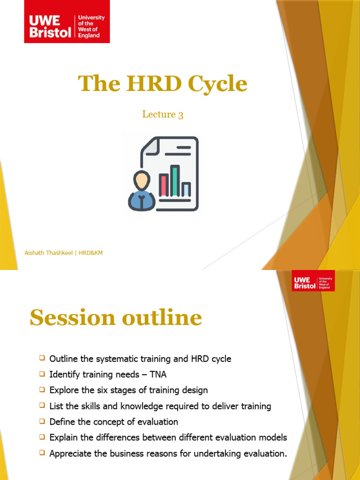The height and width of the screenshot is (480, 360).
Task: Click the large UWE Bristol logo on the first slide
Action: pyautogui.click(x=67, y=22)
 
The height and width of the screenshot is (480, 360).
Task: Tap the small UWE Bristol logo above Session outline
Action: pyautogui.click(x=313, y=281)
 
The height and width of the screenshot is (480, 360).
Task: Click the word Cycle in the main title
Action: pyautogui.click(x=217, y=84)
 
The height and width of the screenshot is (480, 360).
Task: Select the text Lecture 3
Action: pyautogui.click(x=163, y=114)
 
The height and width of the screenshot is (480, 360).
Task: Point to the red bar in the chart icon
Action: pyautogui.click(x=164, y=185)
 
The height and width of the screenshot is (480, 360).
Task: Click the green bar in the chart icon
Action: pyautogui.click(x=175, y=181)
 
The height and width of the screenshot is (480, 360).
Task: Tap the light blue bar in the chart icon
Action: pyautogui.click(x=186, y=189)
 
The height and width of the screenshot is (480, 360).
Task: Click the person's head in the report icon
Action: pyautogui.click(x=142, y=180)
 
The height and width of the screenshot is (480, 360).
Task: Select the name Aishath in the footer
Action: pyautogui.click(x=36, y=253)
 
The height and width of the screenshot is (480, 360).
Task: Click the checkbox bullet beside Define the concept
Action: pyautogui.click(x=42, y=421)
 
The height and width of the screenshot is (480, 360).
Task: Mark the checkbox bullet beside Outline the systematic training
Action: pyautogui.click(x=42, y=359)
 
